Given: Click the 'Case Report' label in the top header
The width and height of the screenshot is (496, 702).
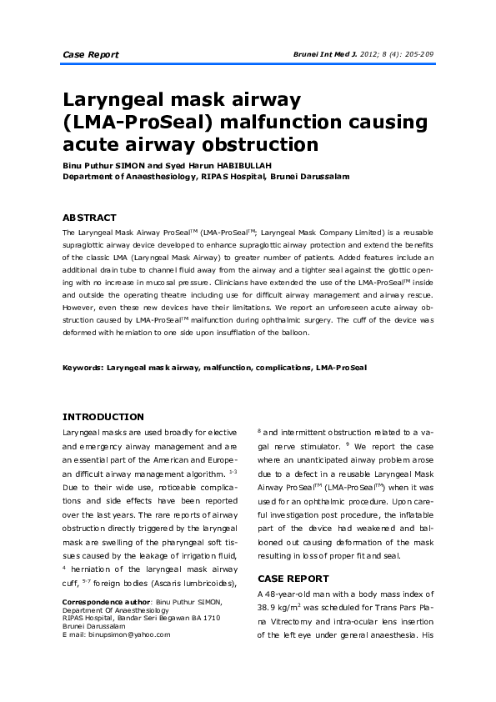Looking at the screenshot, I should pyautogui.click(x=91, y=55).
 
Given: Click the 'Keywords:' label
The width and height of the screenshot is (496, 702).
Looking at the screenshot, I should pyautogui.click(x=83, y=367).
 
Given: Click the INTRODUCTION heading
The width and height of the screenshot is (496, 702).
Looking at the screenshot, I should pyautogui.click(x=103, y=417).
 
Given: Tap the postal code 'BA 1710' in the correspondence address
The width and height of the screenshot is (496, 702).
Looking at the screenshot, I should pyautogui.click(x=203, y=618).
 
